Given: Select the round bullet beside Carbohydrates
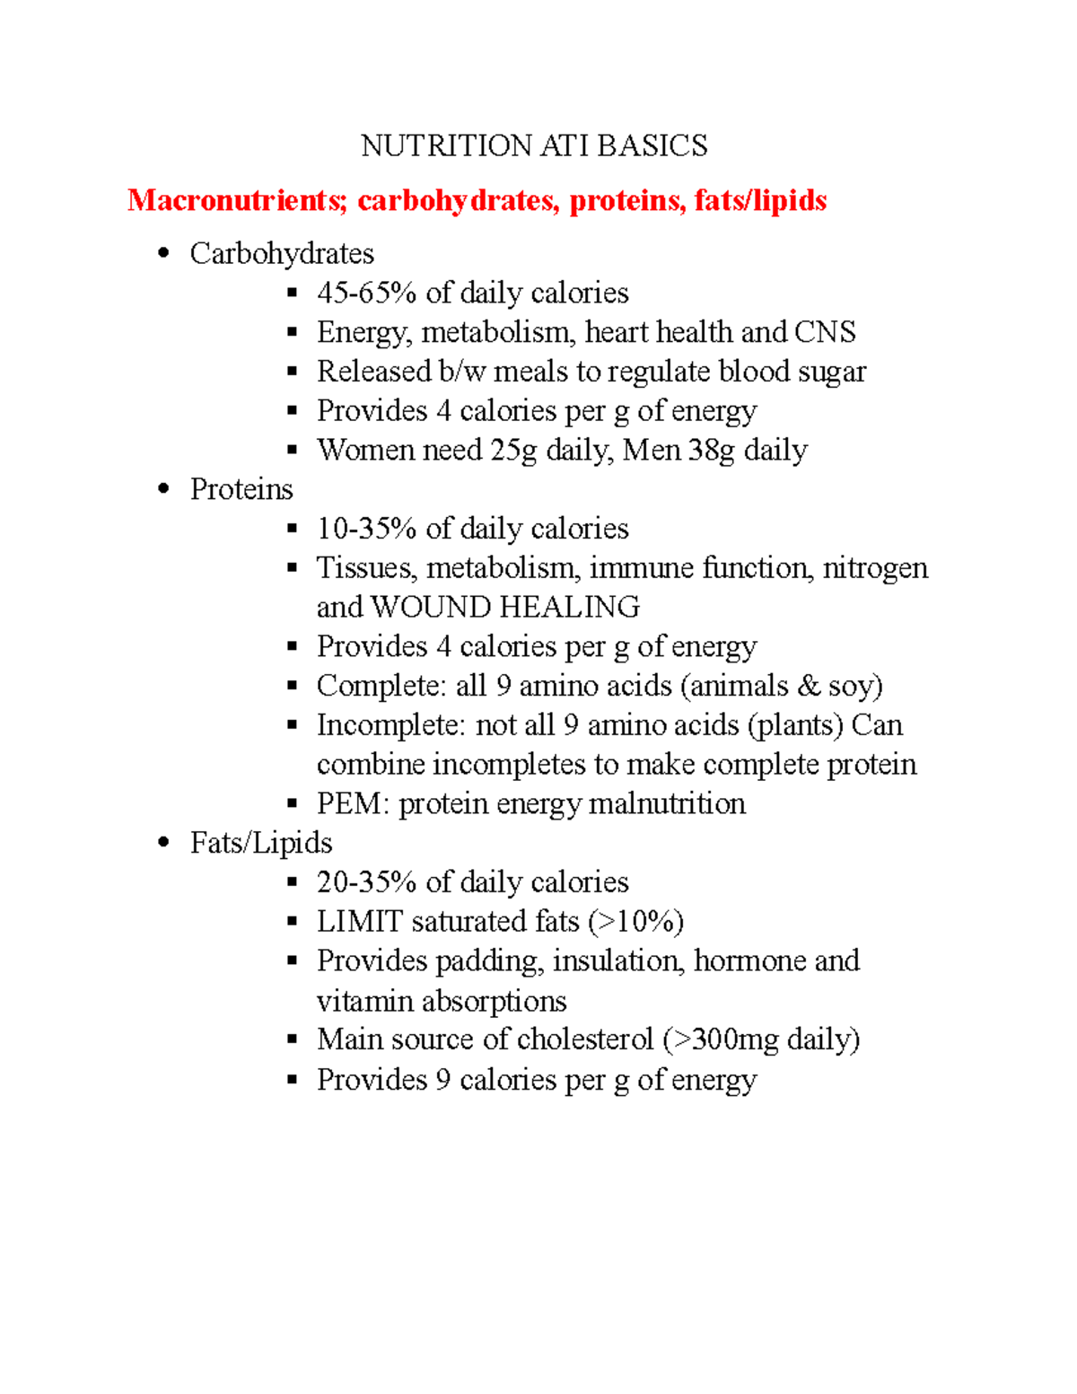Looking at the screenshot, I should point(162,253).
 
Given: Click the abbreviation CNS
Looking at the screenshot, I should point(825,332).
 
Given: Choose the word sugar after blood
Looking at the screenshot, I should point(833,372).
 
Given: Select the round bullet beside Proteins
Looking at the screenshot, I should point(162,489).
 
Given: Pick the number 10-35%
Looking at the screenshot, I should point(366,529).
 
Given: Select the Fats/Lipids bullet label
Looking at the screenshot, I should point(261,843).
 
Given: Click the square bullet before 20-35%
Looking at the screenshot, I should point(292,882).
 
